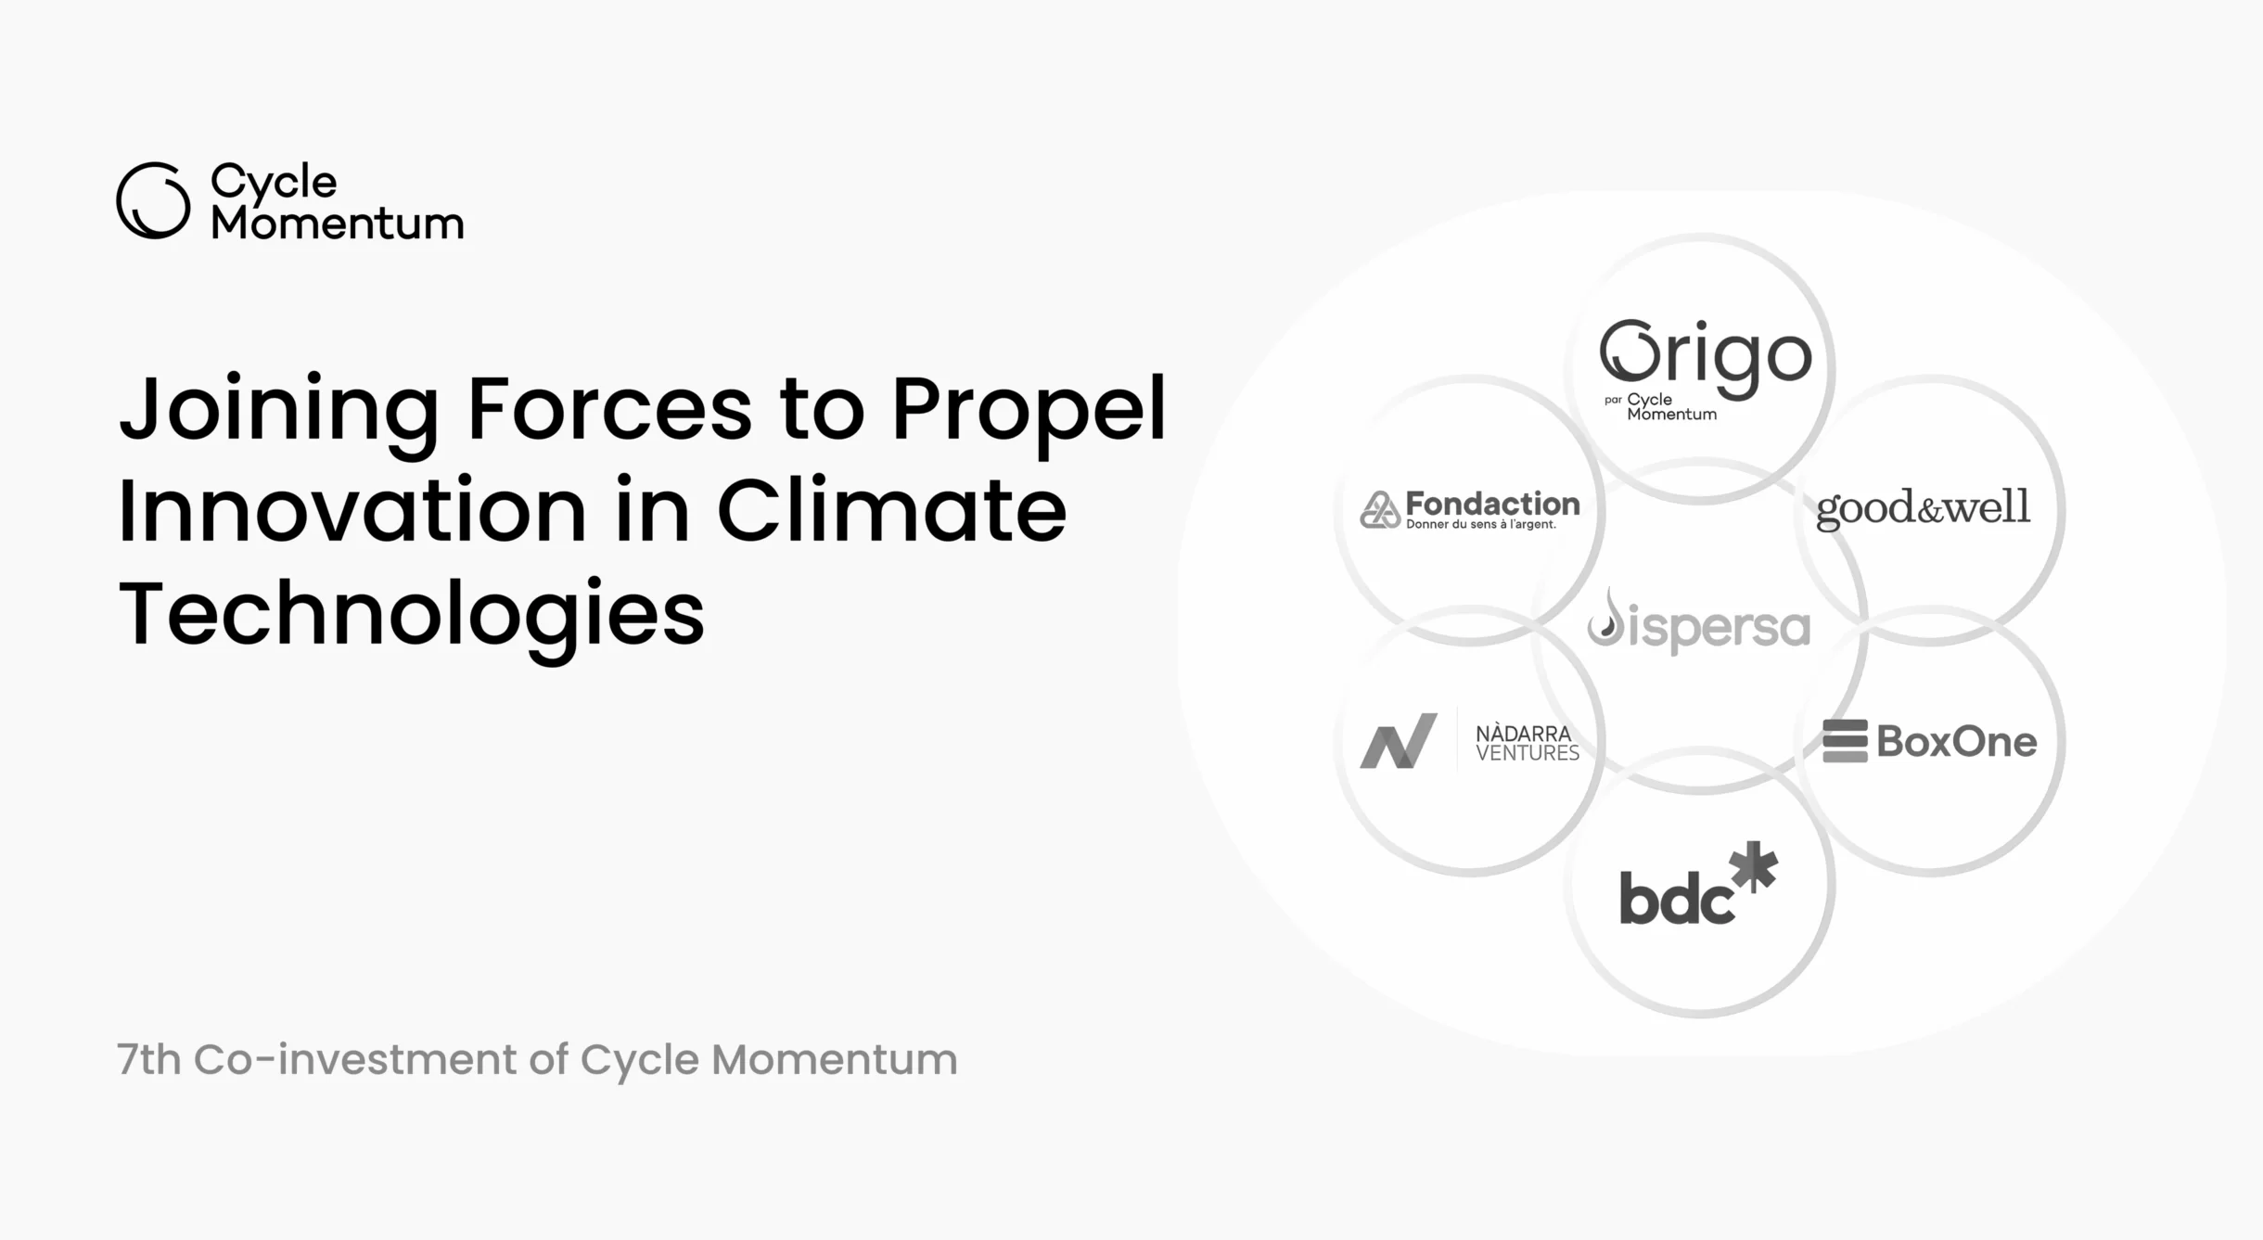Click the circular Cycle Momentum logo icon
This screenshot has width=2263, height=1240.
point(154,200)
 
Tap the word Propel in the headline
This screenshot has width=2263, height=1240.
point(1029,410)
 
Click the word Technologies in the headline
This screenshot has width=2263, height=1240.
point(412,614)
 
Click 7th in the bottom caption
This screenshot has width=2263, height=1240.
point(148,1059)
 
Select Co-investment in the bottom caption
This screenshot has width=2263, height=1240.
point(355,1059)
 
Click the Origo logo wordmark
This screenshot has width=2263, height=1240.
point(1706,358)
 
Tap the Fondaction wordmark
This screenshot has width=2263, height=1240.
point(1492,504)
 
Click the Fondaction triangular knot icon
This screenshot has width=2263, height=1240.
point(1380,509)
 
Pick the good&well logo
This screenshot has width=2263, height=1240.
point(1923,508)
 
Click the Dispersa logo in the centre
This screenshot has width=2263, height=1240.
point(1698,620)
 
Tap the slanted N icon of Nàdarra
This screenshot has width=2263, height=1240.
point(1399,740)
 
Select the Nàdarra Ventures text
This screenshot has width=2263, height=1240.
point(1528,744)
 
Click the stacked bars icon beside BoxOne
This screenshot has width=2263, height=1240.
point(1845,741)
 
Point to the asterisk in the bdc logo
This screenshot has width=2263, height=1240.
point(1754,866)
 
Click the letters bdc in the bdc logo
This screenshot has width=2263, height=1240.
point(1676,897)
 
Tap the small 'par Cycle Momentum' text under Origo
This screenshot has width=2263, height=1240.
point(1661,406)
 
